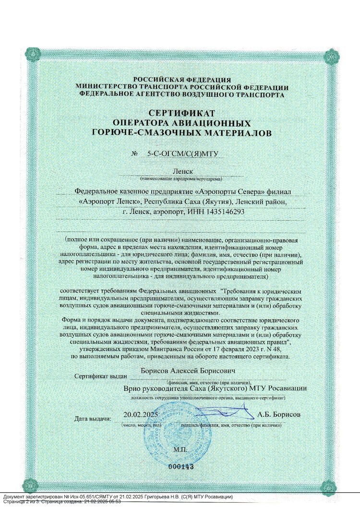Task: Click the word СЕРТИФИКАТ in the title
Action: click(x=182, y=113)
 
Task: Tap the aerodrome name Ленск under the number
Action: click(x=182, y=171)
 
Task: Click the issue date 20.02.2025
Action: click(x=141, y=414)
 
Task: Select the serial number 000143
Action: click(x=180, y=466)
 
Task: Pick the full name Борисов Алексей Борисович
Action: click(x=181, y=371)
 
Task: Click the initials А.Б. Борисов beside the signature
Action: click(x=279, y=414)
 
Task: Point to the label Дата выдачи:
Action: click(x=93, y=419)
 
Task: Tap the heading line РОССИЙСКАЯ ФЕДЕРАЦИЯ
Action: click(x=182, y=80)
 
